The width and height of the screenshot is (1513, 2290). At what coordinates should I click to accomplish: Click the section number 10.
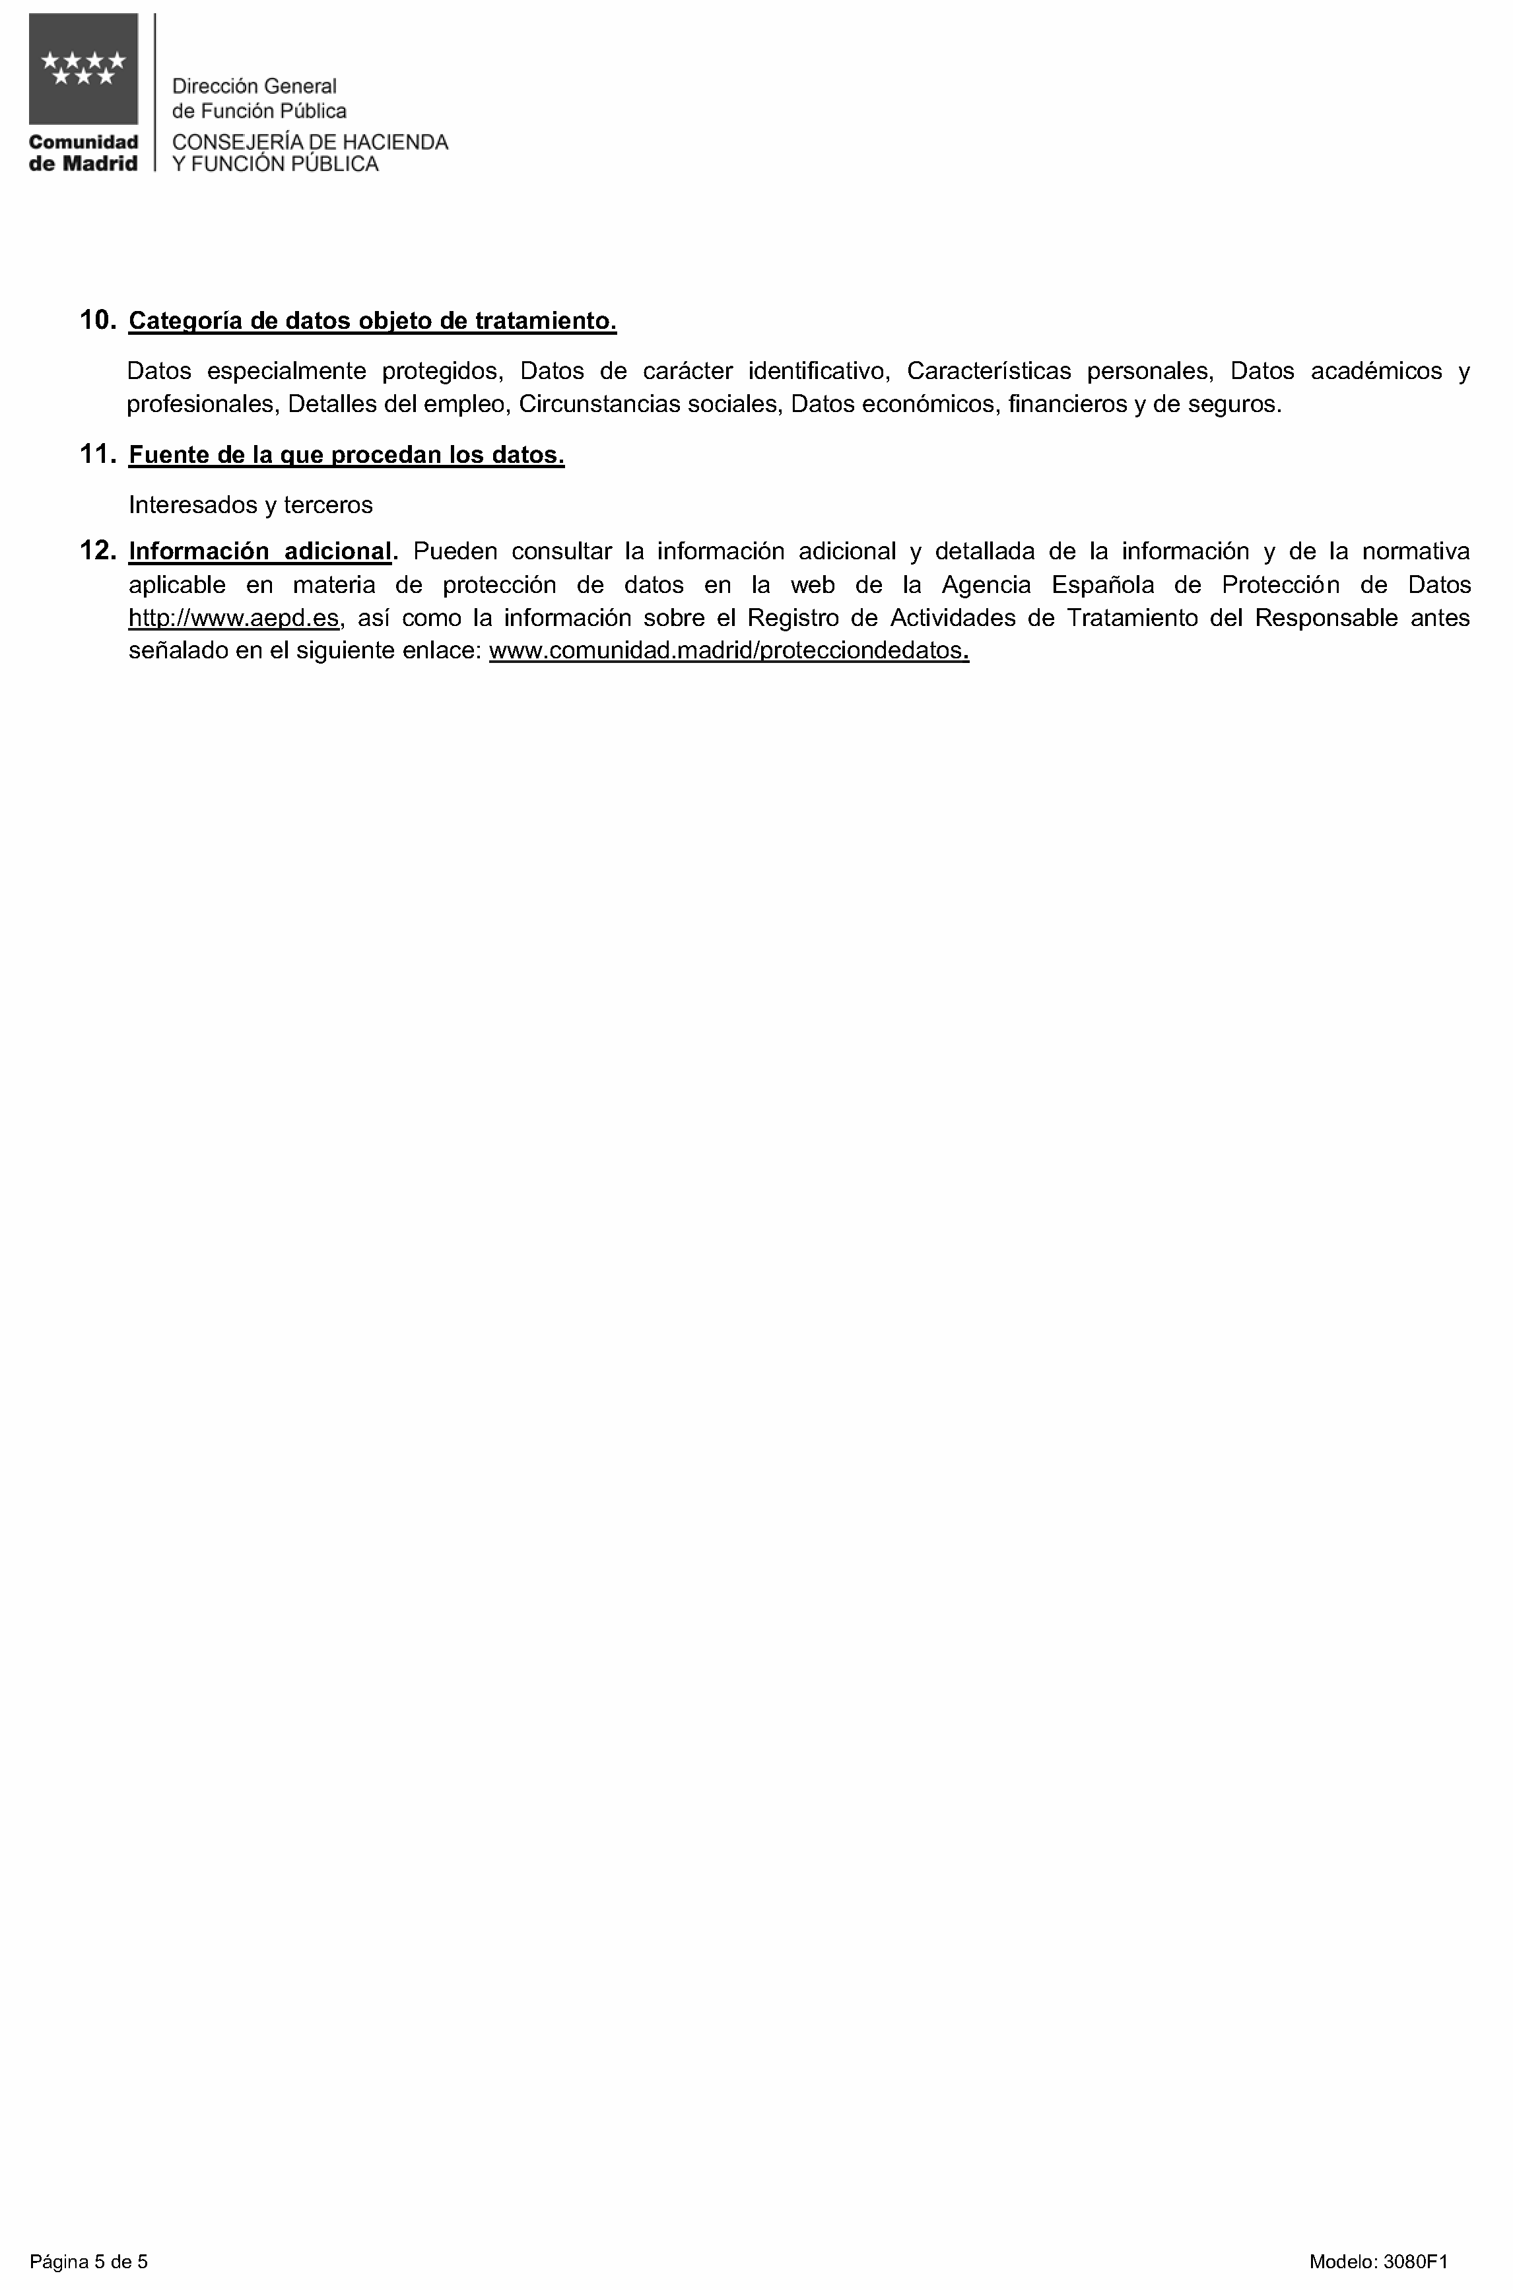[98, 320]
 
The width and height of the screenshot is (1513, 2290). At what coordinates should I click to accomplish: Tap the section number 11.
[98, 454]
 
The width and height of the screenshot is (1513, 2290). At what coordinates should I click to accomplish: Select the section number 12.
[98, 551]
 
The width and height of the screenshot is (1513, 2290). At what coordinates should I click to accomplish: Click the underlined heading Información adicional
[261, 551]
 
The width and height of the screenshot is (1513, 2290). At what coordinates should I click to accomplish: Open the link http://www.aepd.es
[234, 617]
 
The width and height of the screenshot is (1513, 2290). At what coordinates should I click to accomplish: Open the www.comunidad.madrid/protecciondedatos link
[729, 650]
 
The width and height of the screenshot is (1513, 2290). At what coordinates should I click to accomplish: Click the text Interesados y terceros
[251, 504]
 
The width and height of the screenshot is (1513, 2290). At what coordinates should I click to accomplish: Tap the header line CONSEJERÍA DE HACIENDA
[310, 143]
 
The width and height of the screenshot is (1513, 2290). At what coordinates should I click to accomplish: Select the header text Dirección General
[253, 87]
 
